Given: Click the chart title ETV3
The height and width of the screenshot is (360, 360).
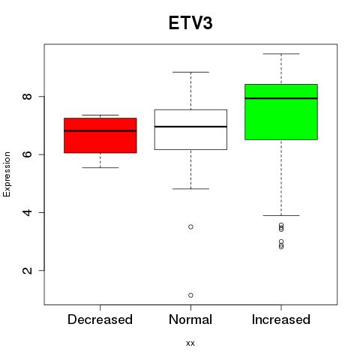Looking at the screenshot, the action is pos(190,23).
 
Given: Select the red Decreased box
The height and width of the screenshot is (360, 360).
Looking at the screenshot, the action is pos(100,136).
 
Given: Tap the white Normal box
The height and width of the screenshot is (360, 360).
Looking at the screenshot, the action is pos(190,130).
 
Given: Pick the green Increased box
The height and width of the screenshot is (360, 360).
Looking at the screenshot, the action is pos(281,112).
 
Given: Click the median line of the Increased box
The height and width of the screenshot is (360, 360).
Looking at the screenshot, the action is pos(281,98).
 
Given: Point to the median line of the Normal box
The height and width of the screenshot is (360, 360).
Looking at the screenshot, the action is pos(190,127).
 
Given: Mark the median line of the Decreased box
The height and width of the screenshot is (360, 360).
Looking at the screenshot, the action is pos(100,130).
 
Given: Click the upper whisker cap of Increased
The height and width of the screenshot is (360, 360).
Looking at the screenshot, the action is pos(281,54).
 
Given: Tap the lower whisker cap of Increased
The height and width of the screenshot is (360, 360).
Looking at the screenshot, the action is pos(281,215).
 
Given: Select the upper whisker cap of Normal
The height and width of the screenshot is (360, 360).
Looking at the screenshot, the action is pos(190,72).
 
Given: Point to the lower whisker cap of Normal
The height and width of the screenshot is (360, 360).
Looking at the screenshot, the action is pos(190,189).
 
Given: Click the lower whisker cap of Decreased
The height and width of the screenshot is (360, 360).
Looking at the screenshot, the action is pos(100,167).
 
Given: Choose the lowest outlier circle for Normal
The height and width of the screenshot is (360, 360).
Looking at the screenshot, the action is pos(190,295).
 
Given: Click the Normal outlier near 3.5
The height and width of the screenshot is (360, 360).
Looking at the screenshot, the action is pos(190,227).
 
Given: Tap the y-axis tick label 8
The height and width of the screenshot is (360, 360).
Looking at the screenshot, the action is pos(28,97).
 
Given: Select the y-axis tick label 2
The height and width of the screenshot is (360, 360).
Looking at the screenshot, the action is pos(28,271).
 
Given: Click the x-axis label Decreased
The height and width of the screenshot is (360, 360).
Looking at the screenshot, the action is pos(100,319).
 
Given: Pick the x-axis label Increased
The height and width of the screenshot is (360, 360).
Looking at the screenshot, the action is pos(281,319).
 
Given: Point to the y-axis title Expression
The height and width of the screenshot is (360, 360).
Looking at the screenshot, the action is pos(7,174).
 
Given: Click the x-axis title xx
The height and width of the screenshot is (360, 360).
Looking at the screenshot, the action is pos(190,343).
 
